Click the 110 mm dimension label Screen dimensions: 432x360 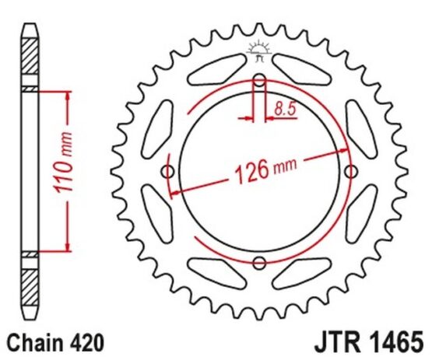point(63,163)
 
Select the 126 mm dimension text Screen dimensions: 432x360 point(265,170)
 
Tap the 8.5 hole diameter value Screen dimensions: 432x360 point(285,108)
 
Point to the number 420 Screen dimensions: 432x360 point(86,343)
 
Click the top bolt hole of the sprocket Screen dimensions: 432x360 point(259,80)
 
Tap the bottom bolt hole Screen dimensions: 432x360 point(259,263)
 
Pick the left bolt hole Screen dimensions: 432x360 point(168,172)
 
